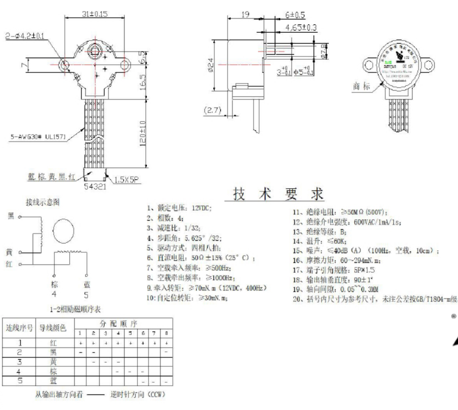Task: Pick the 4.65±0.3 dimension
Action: pos(301,26)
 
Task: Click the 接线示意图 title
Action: pos(42,203)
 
